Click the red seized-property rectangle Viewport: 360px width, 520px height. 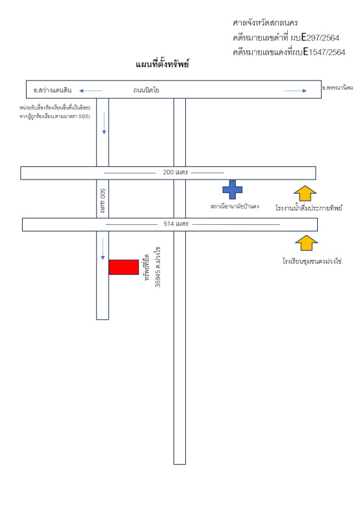tap(123, 267)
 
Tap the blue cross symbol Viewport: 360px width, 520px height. tap(233, 190)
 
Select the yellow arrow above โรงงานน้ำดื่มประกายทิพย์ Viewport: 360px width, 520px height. tap(305, 193)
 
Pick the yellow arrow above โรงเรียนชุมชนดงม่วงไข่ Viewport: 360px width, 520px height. tap(306, 243)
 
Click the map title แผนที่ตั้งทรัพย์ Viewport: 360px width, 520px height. tap(162, 64)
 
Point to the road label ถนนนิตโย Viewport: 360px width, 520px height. tap(146, 90)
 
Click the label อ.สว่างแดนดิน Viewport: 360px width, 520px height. tap(53, 90)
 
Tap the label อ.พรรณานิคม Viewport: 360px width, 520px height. tap(337, 88)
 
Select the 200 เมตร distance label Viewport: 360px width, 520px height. tap(175, 172)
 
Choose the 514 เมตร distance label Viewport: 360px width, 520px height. tap(176, 224)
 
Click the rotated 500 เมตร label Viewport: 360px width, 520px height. tap(103, 201)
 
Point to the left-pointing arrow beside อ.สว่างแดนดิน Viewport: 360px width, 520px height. tap(91, 90)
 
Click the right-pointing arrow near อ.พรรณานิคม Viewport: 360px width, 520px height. tap(296, 90)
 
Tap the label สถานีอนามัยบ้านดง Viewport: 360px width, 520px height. tap(235, 206)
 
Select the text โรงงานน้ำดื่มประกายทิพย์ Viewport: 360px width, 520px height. tap(309, 208)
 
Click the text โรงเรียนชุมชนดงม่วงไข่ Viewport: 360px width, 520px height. tap(312, 261)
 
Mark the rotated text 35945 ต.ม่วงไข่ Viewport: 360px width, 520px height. tap(158, 266)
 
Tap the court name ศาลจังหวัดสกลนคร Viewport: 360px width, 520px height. tap(265, 23)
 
